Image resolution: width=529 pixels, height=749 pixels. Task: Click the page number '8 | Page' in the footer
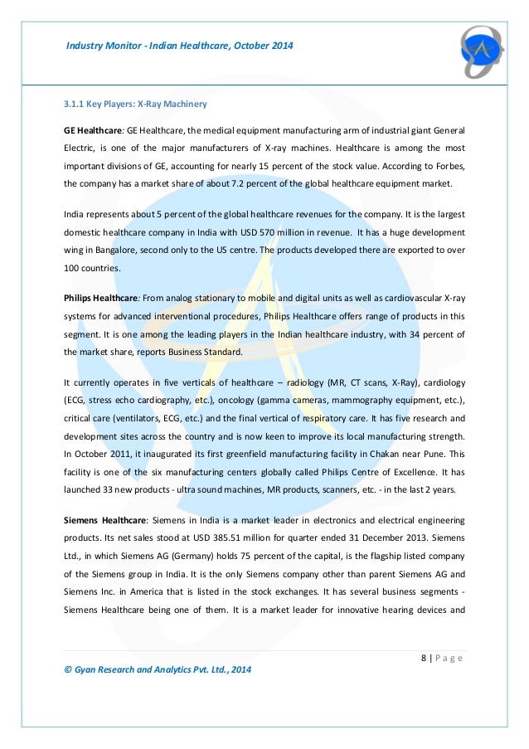click(x=439, y=659)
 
